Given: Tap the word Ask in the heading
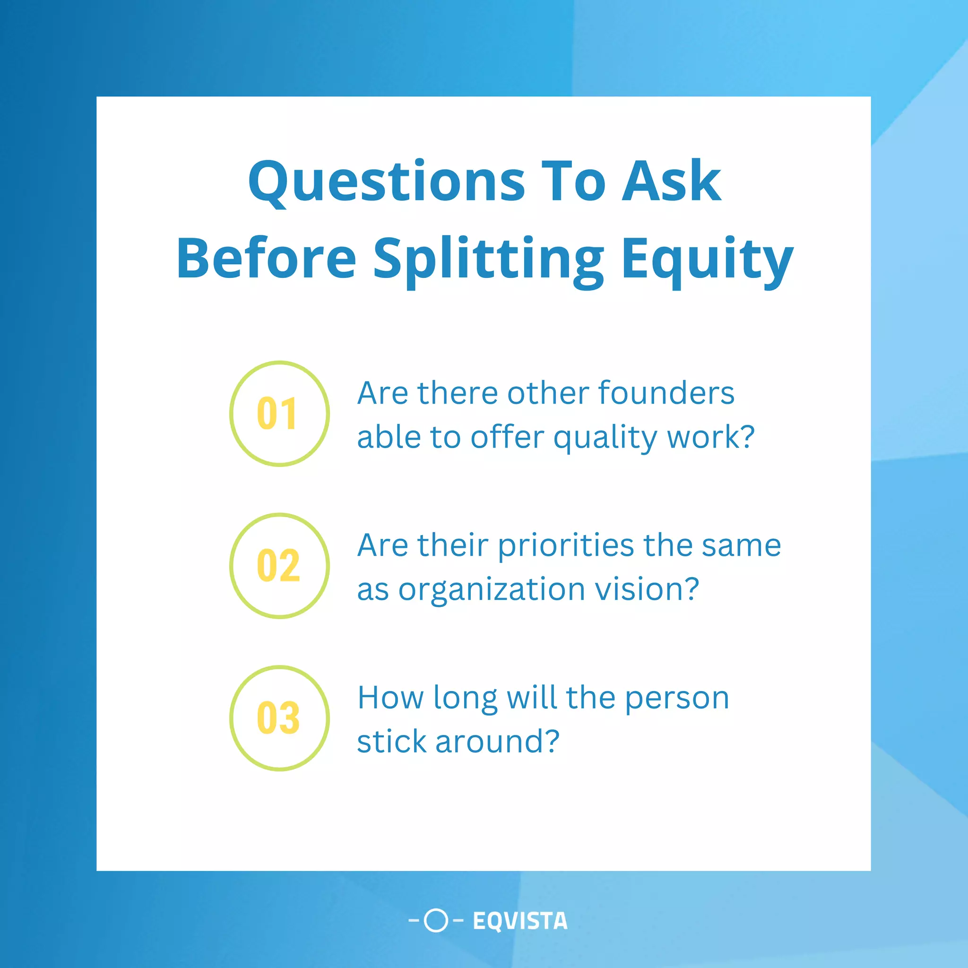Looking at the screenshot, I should (671, 181).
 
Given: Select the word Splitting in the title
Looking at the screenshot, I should (489, 259).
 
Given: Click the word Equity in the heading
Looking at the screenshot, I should (707, 259).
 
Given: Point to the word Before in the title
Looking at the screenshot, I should (266, 259).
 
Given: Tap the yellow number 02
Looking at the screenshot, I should (278, 566).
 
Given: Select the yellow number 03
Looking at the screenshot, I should (278, 718).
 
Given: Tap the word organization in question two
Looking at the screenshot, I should (492, 589).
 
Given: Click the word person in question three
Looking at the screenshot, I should (677, 698).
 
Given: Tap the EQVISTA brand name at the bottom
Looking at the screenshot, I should (520, 921).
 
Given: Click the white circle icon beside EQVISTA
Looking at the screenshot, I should (435, 920).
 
